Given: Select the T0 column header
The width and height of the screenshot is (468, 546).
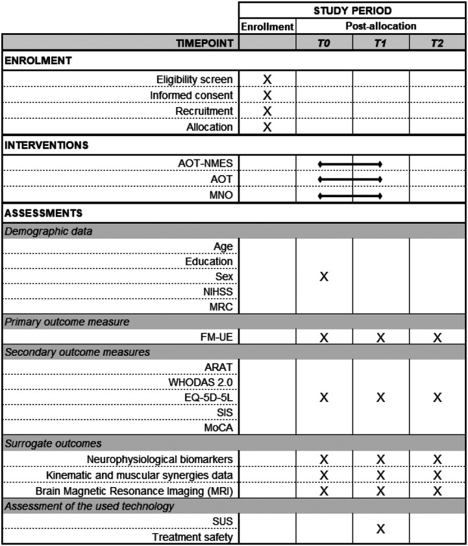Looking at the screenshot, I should point(324,43).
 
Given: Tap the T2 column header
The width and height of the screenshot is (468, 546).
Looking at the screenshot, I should point(437,43).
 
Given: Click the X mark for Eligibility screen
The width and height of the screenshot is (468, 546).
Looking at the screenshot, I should point(267,79).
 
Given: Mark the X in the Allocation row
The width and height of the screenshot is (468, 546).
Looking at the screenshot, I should point(267,126).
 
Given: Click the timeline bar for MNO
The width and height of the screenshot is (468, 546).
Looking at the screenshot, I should point(350,196).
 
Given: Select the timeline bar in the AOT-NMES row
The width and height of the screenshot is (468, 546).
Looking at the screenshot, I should point(350,164).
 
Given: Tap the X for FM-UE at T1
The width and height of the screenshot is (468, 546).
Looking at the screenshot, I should point(381,337).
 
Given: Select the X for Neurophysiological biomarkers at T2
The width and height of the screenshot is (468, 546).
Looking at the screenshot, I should point(437,459).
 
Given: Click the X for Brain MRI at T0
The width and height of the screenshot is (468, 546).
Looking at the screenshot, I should point(324,491).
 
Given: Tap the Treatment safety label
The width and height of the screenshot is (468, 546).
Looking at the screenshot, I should point(192,537).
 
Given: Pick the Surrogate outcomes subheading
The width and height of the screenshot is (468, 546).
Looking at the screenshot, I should point(44,443).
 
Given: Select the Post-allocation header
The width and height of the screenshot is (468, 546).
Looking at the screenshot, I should point(380,27).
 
